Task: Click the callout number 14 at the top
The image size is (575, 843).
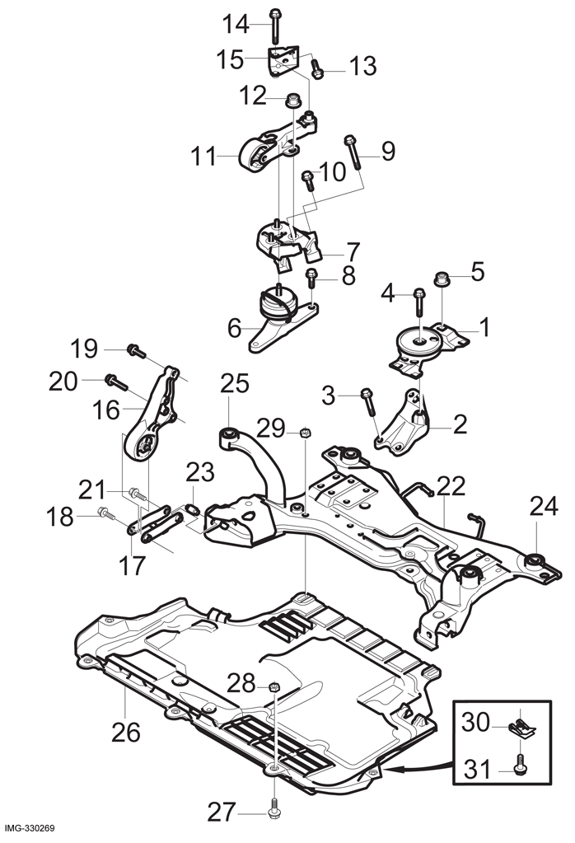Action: click(236, 24)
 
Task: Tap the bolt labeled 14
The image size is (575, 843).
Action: click(274, 26)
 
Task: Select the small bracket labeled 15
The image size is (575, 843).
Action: click(283, 61)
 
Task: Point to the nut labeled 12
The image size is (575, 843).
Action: click(292, 100)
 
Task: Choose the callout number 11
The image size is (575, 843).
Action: click(203, 157)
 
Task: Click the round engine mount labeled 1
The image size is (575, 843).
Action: click(423, 349)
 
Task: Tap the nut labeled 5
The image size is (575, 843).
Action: click(442, 279)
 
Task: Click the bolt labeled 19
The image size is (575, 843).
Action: click(136, 352)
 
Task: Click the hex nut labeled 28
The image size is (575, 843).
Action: click(274, 686)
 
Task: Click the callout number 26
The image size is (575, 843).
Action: click(126, 733)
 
